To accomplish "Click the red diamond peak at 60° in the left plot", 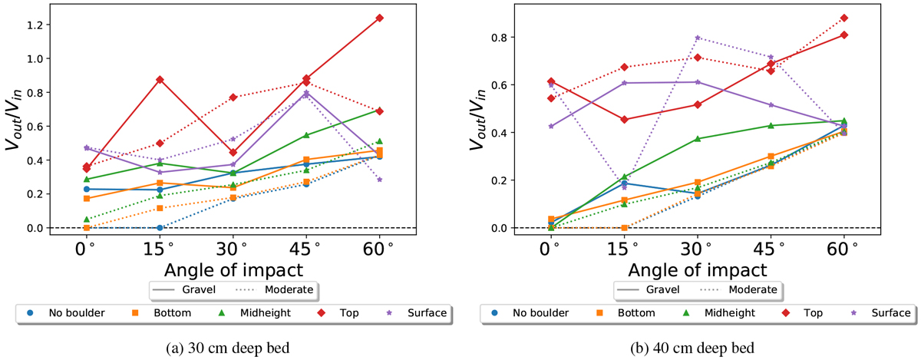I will click(380, 18).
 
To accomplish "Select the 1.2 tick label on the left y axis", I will click(35, 25).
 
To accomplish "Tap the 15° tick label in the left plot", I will click(160, 249).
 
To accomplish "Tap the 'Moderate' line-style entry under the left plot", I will click(277, 289).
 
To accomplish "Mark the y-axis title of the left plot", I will click(15, 123).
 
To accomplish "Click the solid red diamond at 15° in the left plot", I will click(160, 80).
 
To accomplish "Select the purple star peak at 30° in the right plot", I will click(698, 38).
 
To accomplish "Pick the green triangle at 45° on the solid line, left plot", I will click(306, 135).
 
